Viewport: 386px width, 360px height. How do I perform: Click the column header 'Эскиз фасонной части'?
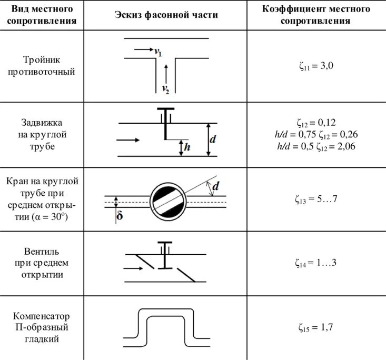[166, 15]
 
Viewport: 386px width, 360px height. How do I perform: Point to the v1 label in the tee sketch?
[157, 52]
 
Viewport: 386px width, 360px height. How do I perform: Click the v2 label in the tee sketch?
[166, 89]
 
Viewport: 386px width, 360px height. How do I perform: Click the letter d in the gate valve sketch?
[213, 140]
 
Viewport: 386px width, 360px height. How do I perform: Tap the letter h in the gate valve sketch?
[186, 148]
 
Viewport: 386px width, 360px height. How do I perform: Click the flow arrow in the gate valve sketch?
[128, 140]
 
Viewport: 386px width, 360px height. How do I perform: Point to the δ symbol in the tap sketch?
[120, 216]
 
